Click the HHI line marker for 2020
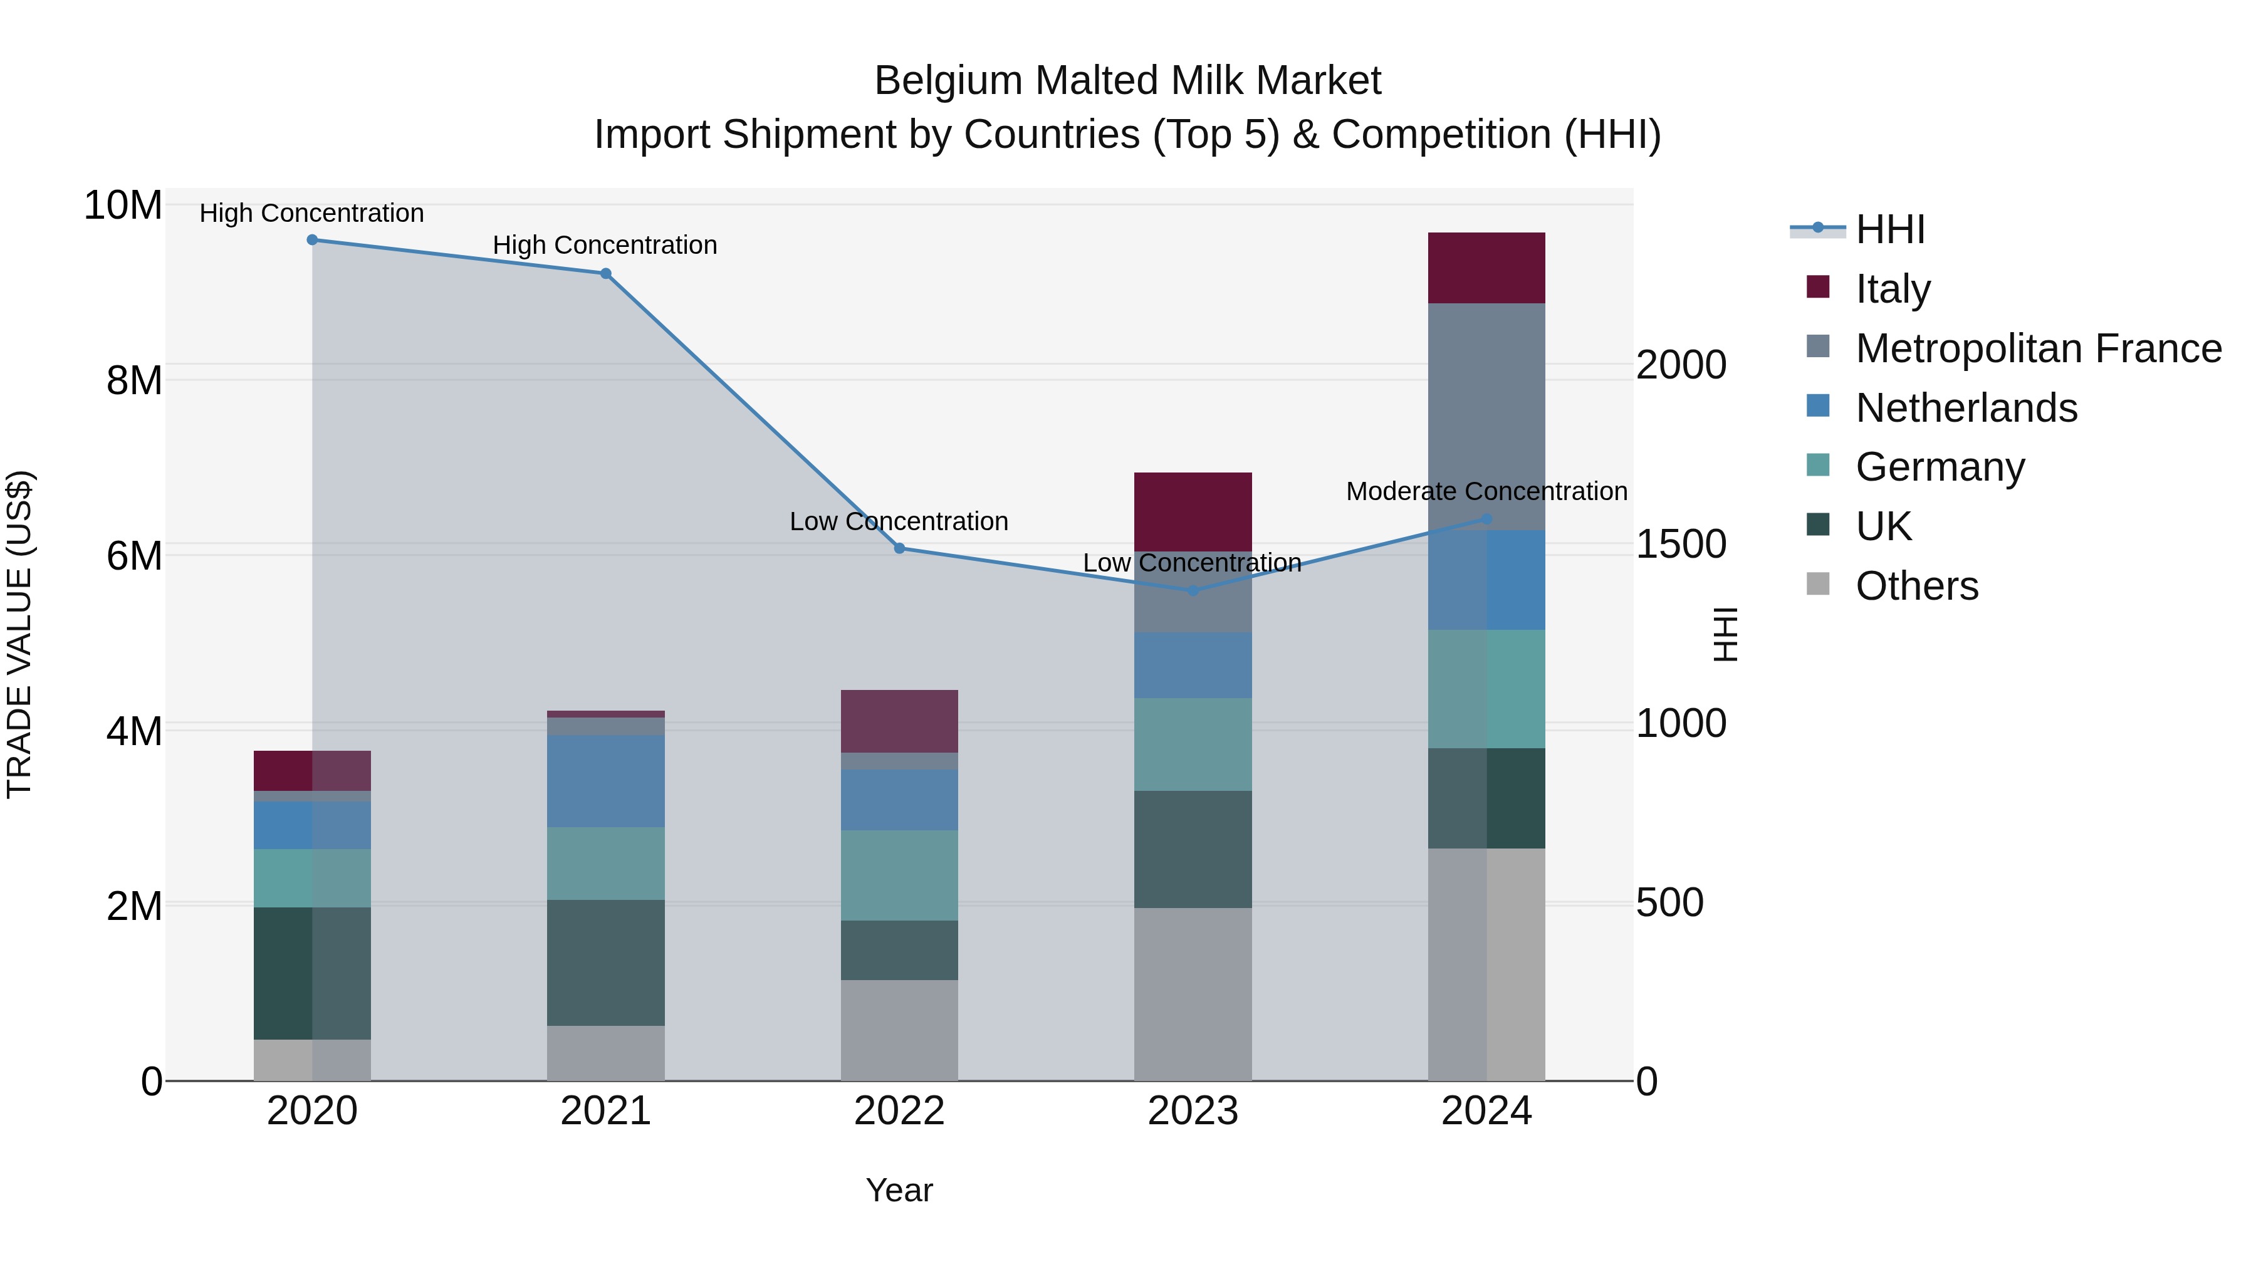pos(312,240)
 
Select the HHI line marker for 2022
pos(899,548)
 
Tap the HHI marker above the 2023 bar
pos(1193,590)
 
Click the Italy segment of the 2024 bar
pos(1486,268)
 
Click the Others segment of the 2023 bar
pos(1193,993)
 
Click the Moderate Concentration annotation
pos(1486,491)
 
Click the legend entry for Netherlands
pos(1965,408)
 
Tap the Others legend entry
pos(1916,586)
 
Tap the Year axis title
pos(899,1190)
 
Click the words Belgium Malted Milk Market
pos(1127,81)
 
